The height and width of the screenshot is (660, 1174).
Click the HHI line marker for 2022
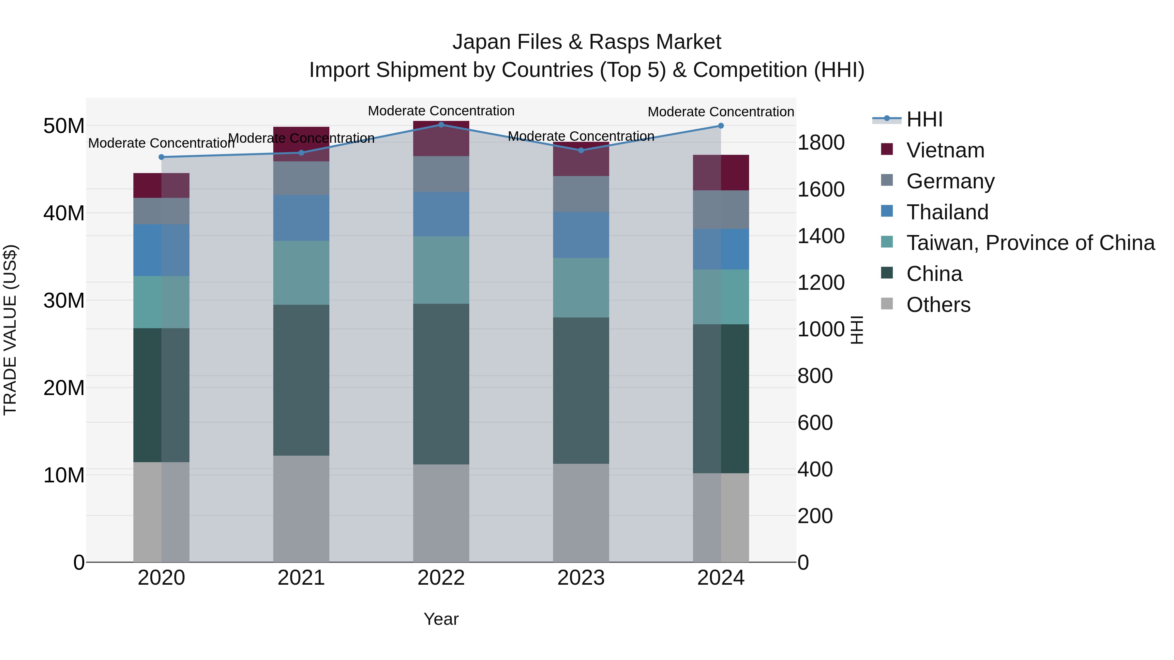441,125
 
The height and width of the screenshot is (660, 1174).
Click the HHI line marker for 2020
161,157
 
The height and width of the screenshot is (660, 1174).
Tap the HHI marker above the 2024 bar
720,126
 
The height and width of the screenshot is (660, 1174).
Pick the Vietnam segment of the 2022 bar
441,139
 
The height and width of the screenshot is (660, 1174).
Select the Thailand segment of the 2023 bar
580,235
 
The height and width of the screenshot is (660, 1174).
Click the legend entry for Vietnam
945,150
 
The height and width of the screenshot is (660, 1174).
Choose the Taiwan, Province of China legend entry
1030,243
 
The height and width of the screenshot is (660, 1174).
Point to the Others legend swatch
887,303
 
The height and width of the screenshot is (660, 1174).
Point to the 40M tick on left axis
64,213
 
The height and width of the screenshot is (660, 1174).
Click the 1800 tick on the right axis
820,142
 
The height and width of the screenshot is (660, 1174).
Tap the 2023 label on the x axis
580,578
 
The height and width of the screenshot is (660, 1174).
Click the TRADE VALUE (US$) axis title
10,330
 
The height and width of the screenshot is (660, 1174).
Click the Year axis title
441,619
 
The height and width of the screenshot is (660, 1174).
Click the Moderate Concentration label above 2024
720,111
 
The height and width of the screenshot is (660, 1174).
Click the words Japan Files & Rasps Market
587,42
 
